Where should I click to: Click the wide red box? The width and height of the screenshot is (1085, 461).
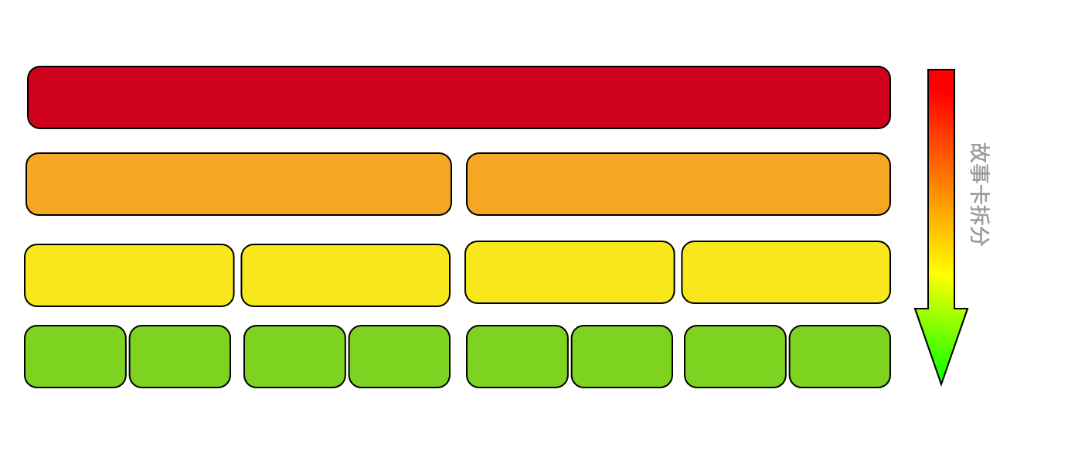pos(459,97)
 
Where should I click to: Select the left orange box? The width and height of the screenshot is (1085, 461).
pos(239,184)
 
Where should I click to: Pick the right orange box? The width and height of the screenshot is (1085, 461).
pos(679,184)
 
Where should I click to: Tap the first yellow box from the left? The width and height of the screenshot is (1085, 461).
pos(129,275)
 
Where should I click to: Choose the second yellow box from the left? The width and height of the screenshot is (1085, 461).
pos(346,275)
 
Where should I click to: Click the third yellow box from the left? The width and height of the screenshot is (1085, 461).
pos(570,272)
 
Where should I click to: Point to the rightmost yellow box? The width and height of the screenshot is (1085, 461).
pos(786,272)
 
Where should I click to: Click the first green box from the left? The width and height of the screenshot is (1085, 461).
pos(75,357)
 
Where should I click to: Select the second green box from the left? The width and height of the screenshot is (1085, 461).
pos(180,357)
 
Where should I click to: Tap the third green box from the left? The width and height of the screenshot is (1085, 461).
pos(295,357)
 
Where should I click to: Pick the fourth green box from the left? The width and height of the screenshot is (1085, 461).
pos(400,357)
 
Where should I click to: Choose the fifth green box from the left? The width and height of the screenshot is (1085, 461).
pos(517,357)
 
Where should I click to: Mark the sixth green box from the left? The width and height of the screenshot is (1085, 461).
pos(622,357)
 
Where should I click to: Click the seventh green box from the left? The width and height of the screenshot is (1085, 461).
pos(735,357)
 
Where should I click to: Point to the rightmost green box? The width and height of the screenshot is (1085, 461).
pos(840,357)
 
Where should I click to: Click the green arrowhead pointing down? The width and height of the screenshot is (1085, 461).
pos(941,340)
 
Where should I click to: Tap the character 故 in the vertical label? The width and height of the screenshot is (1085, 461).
pos(980,153)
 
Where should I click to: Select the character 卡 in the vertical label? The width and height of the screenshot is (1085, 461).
pos(980,197)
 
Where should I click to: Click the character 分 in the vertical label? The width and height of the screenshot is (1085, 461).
pos(980,236)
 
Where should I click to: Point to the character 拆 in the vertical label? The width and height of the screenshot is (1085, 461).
pos(980,217)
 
